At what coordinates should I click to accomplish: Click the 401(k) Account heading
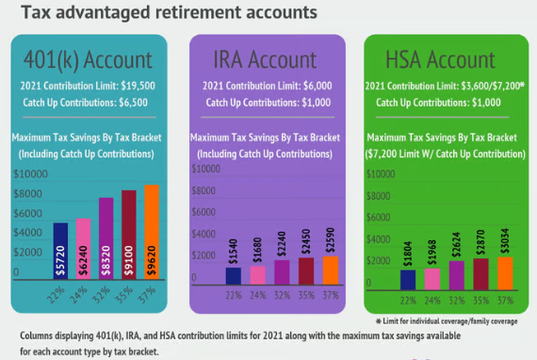89,59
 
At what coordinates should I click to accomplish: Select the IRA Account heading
267,59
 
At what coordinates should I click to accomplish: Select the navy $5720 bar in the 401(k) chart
60,252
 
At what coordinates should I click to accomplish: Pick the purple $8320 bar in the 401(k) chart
106,238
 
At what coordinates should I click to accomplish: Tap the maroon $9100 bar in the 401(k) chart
128,235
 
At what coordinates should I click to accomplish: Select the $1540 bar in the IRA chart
233,275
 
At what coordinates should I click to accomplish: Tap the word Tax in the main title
38,13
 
